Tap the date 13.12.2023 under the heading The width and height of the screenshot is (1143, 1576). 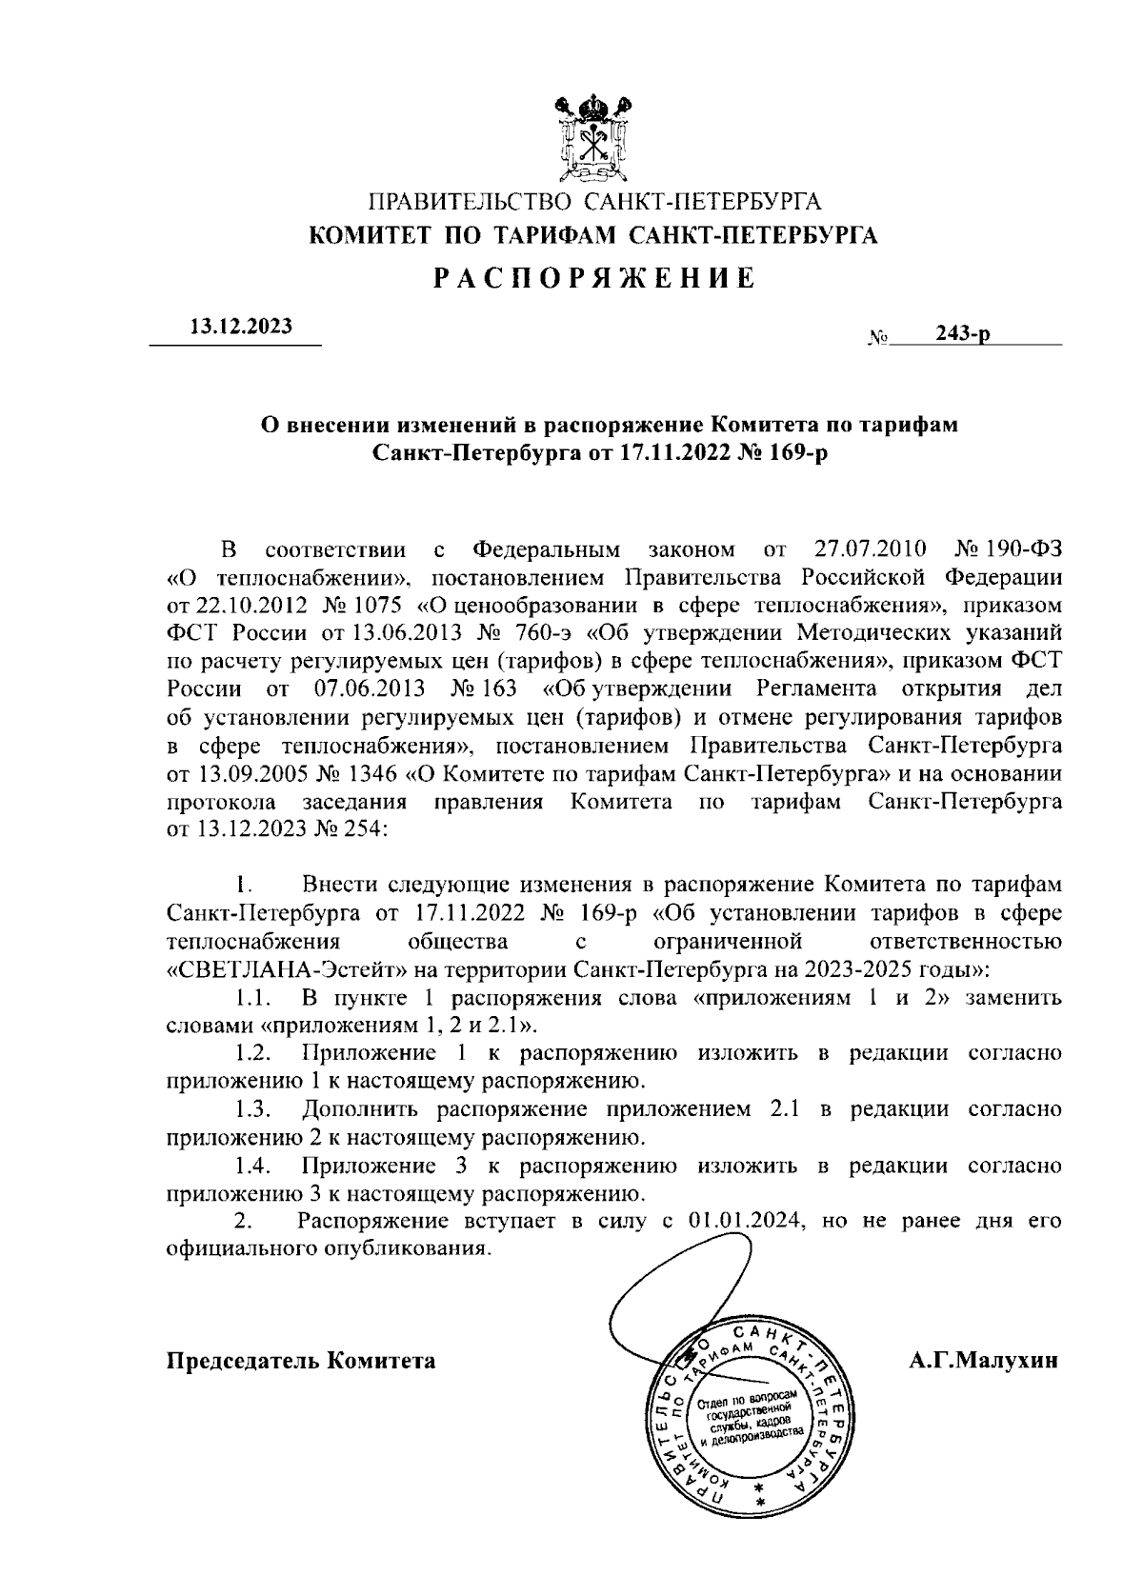pos(242,327)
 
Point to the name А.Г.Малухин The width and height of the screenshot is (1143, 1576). pos(983,1360)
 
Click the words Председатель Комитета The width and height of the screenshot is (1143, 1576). pos(302,1360)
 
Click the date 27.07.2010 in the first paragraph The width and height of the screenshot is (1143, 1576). pos(864,549)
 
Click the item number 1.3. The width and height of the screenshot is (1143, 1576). pos(255,1109)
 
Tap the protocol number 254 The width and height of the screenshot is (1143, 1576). pos(365,828)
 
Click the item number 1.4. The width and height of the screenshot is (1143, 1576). pos(255,1166)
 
